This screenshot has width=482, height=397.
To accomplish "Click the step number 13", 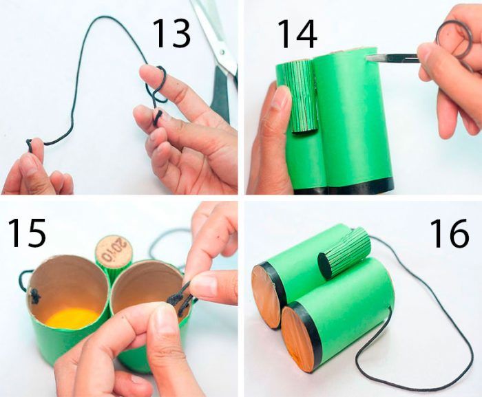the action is point(171,33).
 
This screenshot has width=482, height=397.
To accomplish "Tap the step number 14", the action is point(297,34).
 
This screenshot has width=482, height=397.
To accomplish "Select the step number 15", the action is point(27,233).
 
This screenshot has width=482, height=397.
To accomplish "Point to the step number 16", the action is point(450,233).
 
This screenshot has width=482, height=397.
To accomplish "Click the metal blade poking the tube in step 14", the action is point(390,58).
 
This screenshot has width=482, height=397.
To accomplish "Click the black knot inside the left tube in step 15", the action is point(34,297).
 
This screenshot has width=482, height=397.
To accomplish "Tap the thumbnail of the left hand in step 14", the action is point(282,97).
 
